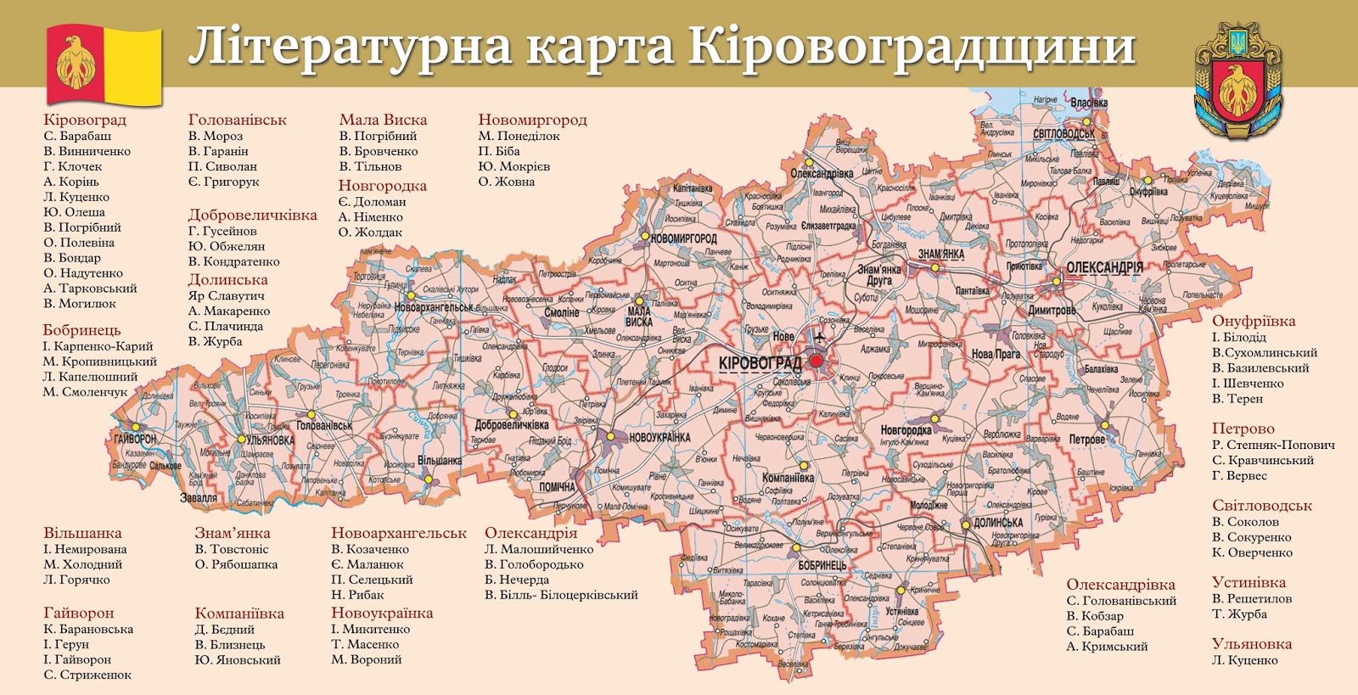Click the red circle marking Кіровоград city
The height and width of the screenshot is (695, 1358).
(816, 361)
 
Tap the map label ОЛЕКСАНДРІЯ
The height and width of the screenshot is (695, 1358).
(1104, 268)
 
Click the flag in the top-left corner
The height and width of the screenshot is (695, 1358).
(104, 64)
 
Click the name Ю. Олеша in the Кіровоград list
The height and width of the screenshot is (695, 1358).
(75, 212)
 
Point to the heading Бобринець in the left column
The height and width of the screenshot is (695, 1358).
(81, 330)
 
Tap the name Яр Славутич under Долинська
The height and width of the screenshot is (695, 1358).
(226, 296)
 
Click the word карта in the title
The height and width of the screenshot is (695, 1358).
(601, 47)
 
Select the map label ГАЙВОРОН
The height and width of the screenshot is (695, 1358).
(135, 439)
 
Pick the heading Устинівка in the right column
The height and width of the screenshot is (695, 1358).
(1249, 583)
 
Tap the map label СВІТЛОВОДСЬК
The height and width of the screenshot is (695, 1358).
(1063, 134)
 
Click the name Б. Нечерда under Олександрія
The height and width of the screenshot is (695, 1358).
(517, 580)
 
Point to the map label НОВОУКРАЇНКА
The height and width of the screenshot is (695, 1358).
(659, 438)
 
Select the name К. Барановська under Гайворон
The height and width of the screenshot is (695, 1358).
(88, 630)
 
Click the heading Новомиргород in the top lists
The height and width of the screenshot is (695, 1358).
(532, 120)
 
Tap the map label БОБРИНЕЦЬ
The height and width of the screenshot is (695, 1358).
(822, 564)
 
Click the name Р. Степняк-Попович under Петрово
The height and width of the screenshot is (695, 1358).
(1273, 445)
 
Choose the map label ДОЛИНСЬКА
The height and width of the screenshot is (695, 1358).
(998, 523)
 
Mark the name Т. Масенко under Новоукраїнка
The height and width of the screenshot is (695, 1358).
(365, 645)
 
